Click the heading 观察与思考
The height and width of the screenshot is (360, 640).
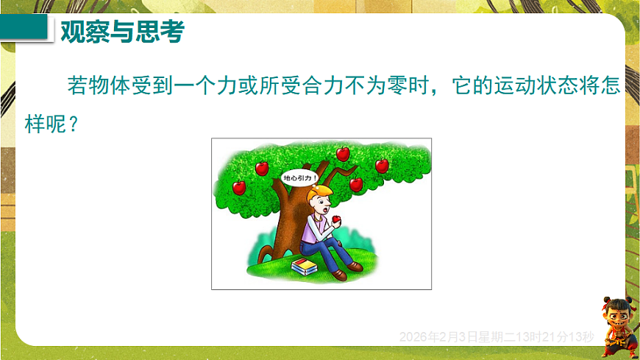coord(121,32)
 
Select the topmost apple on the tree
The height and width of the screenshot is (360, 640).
coord(342,153)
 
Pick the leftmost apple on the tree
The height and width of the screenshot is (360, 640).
coord(239,187)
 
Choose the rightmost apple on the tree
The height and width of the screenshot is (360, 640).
coord(381,166)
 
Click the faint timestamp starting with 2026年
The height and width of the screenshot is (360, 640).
coord(497,337)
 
